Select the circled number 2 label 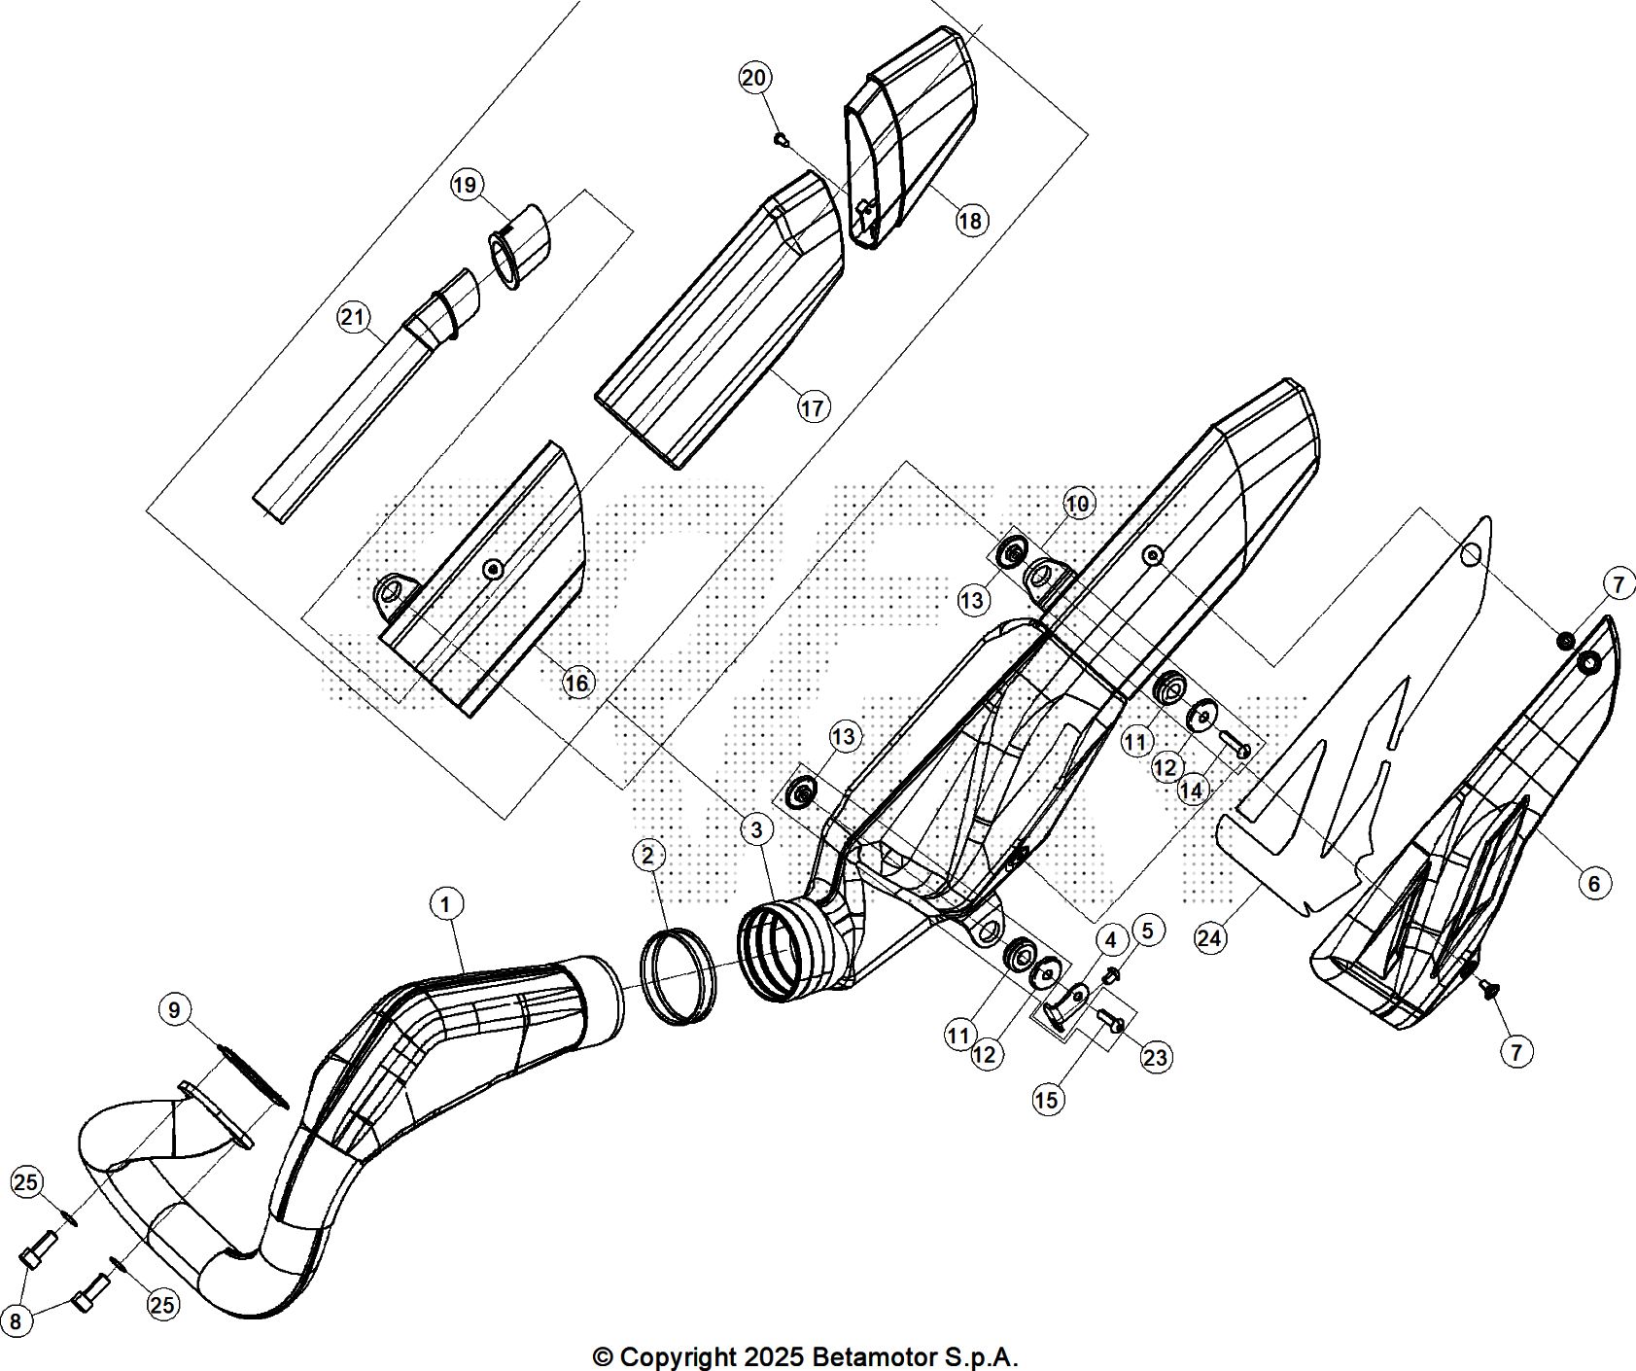tap(648, 856)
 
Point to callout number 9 tap(174, 1010)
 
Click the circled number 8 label tap(16, 1321)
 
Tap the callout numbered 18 tap(970, 221)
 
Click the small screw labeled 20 tap(781, 139)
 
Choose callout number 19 tap(468, 184)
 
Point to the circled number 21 tap(354, 316)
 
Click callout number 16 tap(577, 684)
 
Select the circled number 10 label tap(1077, 503)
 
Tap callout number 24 tap(1209, 938)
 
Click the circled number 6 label tap(1594, 883)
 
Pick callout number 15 tap(1048, 1100)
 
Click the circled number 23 tap(1155, 1057)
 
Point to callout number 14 tap(1192, 790)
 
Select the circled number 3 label tap(756, 828)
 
